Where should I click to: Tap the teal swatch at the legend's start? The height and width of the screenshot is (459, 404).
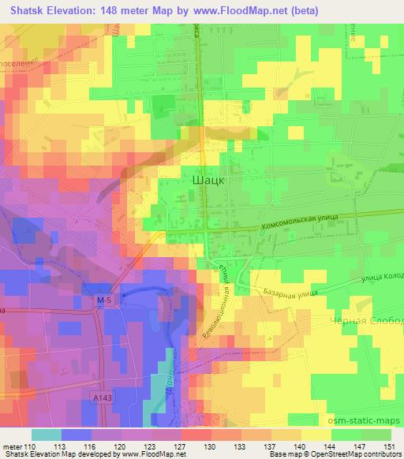(x=47, y=434)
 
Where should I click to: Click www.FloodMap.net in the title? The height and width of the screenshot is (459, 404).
(x=260, y=10)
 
